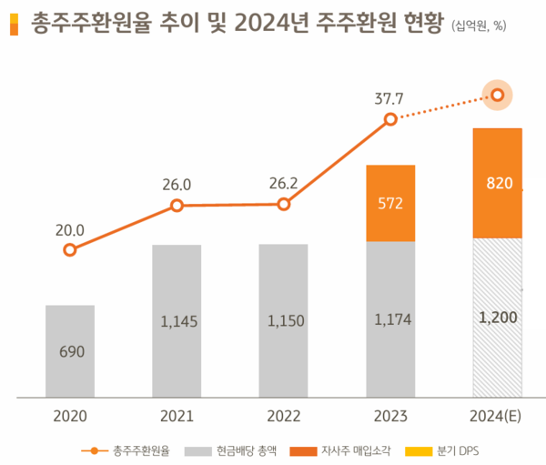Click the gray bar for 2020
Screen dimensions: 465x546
coord(70,351)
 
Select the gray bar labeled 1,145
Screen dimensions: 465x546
coord(177,320)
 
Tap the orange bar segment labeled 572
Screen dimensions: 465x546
coord(389,203)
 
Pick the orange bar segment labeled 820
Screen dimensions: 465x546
coord(497,183)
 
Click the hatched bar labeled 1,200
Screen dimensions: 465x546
coord(497,318)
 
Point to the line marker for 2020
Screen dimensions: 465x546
coord(70,249)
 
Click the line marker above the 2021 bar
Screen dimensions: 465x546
coord(177,206)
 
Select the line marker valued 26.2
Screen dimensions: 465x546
coord(283,204)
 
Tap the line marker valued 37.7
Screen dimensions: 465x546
coord(390,119)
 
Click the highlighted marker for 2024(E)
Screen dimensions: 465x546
coord(497,95)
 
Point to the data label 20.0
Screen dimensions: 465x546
coord(69,229)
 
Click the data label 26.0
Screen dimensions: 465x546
coord(177,185)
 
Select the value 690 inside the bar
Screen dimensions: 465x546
coord(70,351)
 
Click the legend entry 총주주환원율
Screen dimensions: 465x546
coord(132,450)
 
